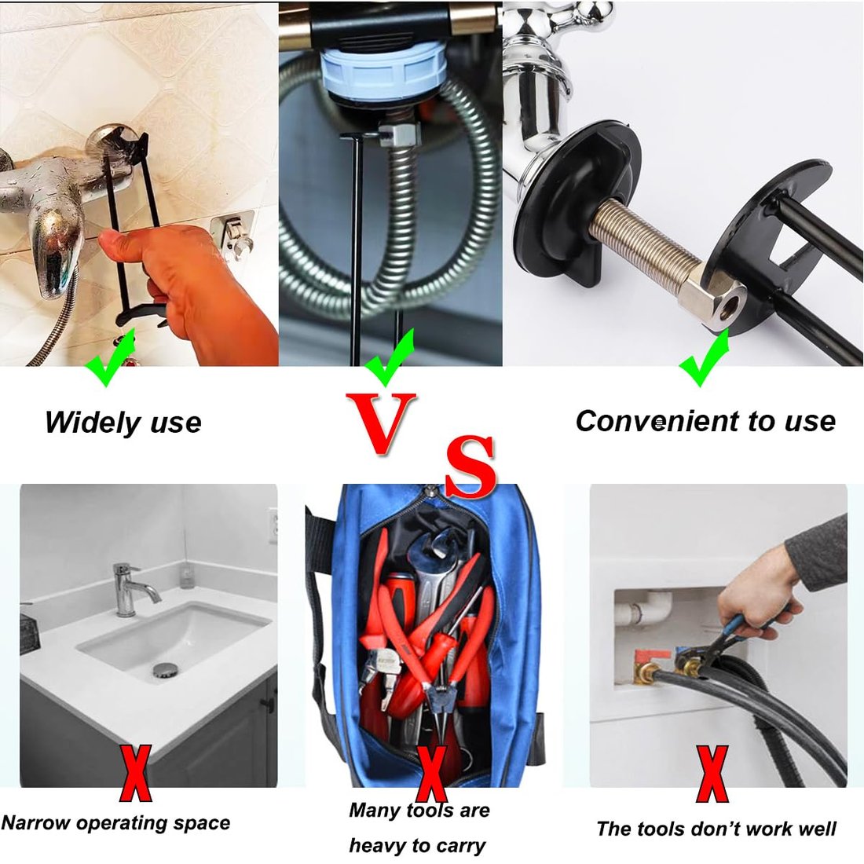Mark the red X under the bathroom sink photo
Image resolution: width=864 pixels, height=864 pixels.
(x=136, y=773)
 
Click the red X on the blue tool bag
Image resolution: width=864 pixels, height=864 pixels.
(x=431, y=773)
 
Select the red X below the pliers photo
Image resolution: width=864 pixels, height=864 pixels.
(x=712, y=773)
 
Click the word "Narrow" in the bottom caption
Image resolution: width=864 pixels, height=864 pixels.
(x=36, y=822)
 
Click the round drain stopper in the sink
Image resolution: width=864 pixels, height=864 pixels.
(x=165, y=671)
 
